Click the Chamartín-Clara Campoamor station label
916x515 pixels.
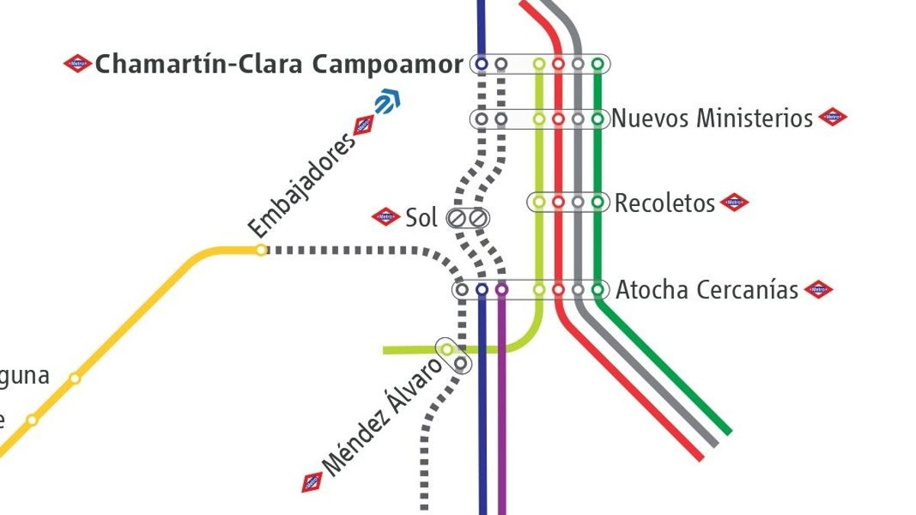(x=279, y=65)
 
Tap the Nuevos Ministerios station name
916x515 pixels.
(x=712, y=118)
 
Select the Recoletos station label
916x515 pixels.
(x=665, y=203)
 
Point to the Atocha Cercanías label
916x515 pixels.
(x=707, y=290)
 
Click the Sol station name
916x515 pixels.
(x=421, y=218)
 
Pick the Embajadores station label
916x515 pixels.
(x=303, y=185)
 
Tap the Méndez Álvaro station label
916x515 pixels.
(x=382, y=417)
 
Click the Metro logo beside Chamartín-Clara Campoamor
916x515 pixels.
(x=78, y=64)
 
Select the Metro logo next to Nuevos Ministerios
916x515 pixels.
(x=833, y=117)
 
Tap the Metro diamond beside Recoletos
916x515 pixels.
(x=734, y=202)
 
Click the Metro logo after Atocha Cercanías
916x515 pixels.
(x=818, y=289)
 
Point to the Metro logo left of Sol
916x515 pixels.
(x=386, y=217)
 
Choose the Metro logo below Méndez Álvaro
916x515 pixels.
(x=312, y=482)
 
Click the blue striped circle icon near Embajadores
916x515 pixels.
(x=388, y=101)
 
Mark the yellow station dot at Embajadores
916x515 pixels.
(x=261, y=249)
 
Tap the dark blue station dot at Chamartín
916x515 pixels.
(x=481, y=64)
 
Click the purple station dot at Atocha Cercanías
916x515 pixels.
(x=502, y=290)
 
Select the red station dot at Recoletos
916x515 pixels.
(x=558, y=202)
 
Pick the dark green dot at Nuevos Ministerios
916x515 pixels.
(x=598, y=118)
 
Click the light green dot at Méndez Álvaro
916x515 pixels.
(x=447, y=349)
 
